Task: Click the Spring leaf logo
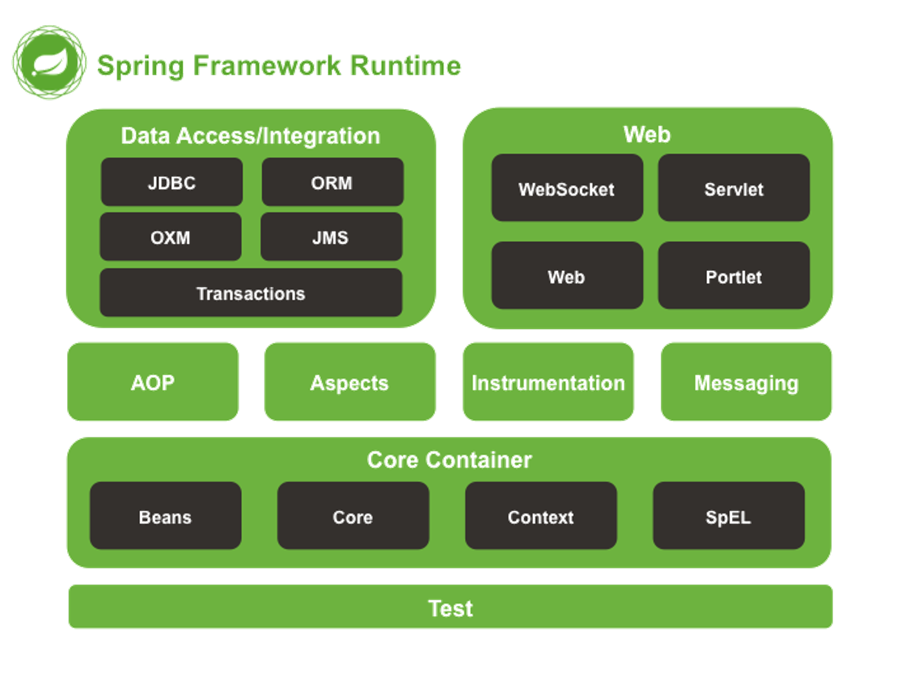tap(49, 63)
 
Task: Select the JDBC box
tap(172, 182)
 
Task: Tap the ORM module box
tap(332, 182)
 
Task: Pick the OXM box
tap(170, 237)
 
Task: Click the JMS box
tap(332, 237)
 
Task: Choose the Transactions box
tap(251, 293)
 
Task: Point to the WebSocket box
tap(567, 188)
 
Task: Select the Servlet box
tap(733, 188)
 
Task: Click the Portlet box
tap(733, 275)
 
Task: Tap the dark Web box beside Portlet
tap(567, 275)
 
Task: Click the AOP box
tap(153, 382)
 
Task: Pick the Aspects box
tap(350, 382)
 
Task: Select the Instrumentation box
tap(548, 382)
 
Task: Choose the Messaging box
tap(746, 382)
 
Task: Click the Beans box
tap(165, 516)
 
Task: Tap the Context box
tap(541, 516)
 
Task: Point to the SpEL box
tap(729, 516)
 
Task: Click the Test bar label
tap(451, 608)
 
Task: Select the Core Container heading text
tap(450, 460)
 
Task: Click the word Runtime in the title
tap(406, 66)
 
